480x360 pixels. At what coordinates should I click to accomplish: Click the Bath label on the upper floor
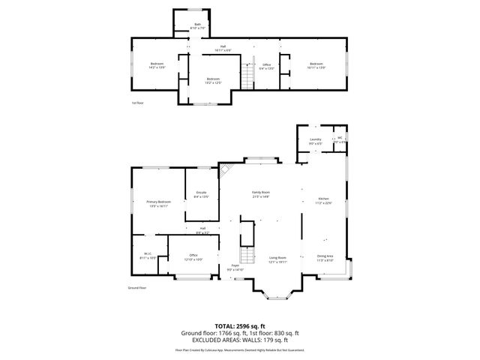click(198, 25)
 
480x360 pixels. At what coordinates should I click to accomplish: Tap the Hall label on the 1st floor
click(223, 48)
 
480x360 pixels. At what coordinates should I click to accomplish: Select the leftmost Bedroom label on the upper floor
click(157, 64)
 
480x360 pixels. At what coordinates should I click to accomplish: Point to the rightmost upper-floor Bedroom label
click(316, 64)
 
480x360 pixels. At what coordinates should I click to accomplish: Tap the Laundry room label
click(316, 139)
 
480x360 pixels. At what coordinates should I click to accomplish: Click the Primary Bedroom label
click(158, 202)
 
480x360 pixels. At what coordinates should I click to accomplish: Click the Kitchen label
click(322, 200)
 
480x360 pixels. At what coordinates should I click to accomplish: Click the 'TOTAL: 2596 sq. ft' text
click(239, 325)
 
